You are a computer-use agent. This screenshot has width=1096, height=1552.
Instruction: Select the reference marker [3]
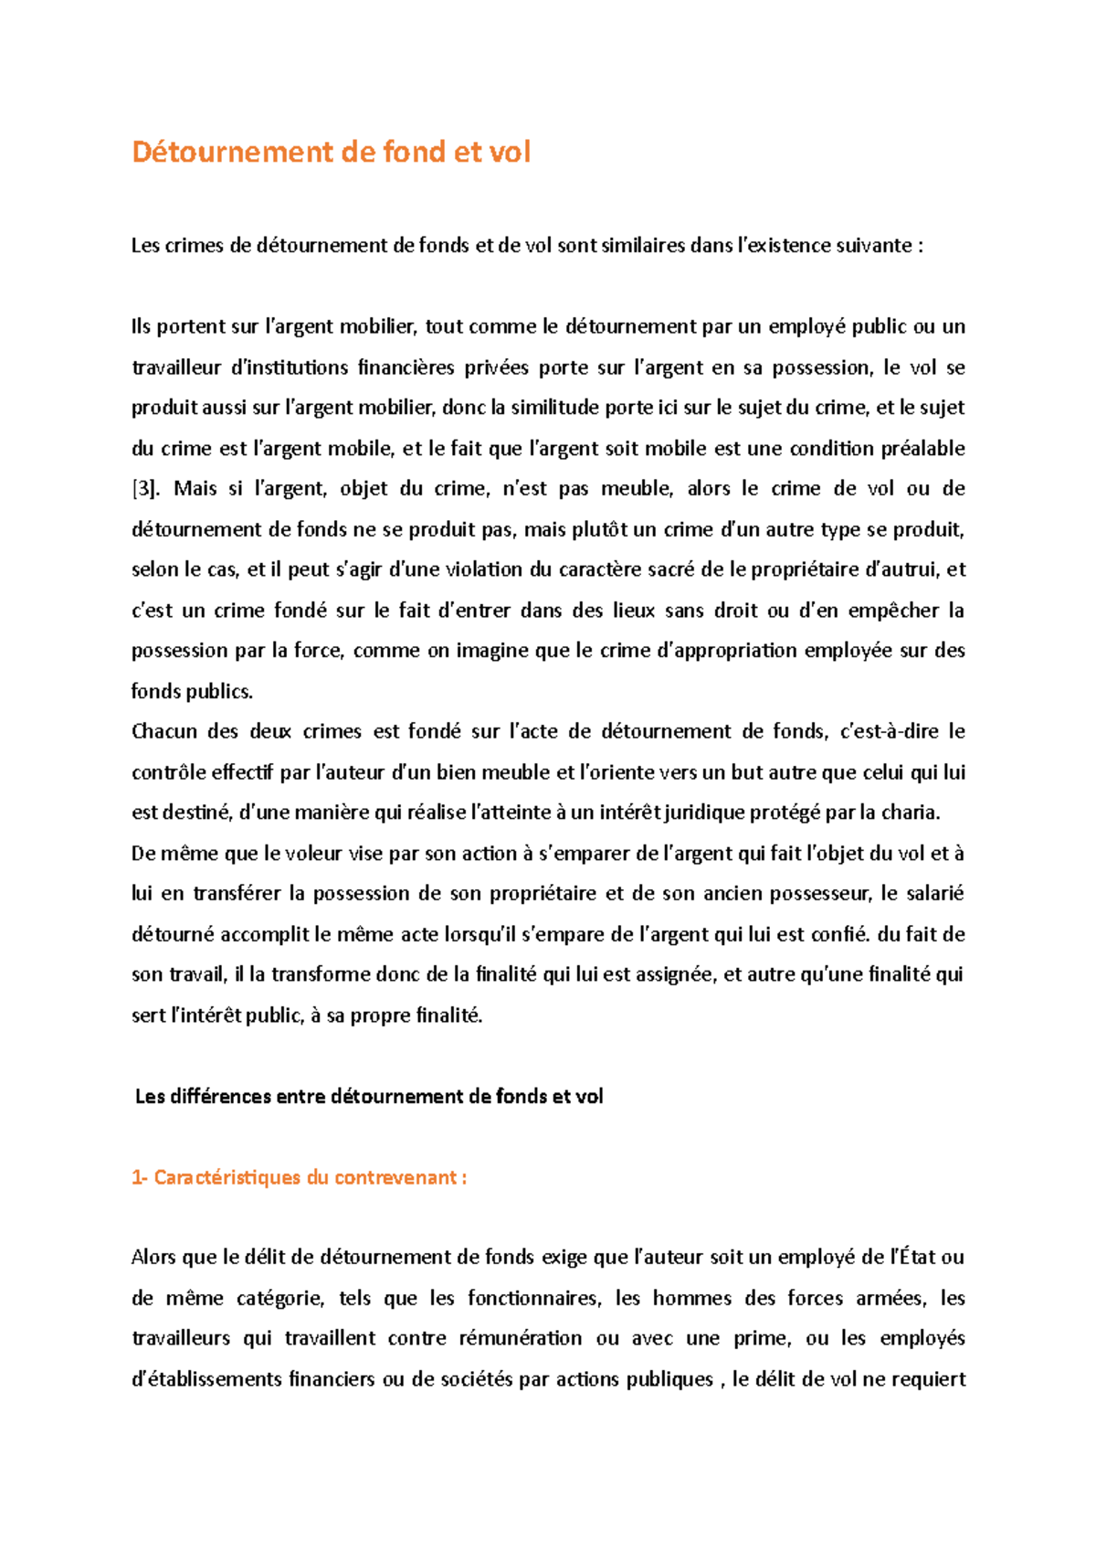click(146, 489)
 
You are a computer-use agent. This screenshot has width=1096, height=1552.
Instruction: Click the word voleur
click(313, 854)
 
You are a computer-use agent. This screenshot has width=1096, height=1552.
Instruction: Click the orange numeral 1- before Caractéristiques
click(140, 1177)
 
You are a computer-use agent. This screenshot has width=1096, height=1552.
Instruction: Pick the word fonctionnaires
click(533, 1299)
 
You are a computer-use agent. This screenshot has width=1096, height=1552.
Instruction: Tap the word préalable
click(922, 449)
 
